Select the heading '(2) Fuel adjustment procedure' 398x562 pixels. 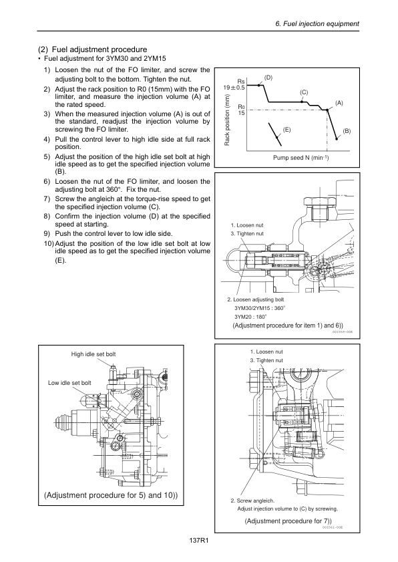(92, 49)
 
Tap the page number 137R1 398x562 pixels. (199, 541)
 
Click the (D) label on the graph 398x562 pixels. (268, 78)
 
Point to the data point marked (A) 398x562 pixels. (327, 110)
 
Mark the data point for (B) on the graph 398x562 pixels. (337, 138)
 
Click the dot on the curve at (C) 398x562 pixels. (302, 102)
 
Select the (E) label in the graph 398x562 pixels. (286, 130)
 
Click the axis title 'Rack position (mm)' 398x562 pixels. (227, 120)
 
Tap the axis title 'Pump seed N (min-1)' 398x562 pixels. (301, 158)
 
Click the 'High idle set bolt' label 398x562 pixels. (93, 354)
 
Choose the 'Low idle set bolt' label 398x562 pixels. (69, 383)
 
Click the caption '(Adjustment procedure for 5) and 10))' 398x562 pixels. (111, 495)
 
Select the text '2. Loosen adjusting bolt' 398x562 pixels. (255, 299)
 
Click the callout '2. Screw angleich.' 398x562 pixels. (252, 501)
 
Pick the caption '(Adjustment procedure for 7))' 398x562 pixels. (288, 521)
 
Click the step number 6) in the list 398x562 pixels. (47, 181)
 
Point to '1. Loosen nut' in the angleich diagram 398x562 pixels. (266, 352)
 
